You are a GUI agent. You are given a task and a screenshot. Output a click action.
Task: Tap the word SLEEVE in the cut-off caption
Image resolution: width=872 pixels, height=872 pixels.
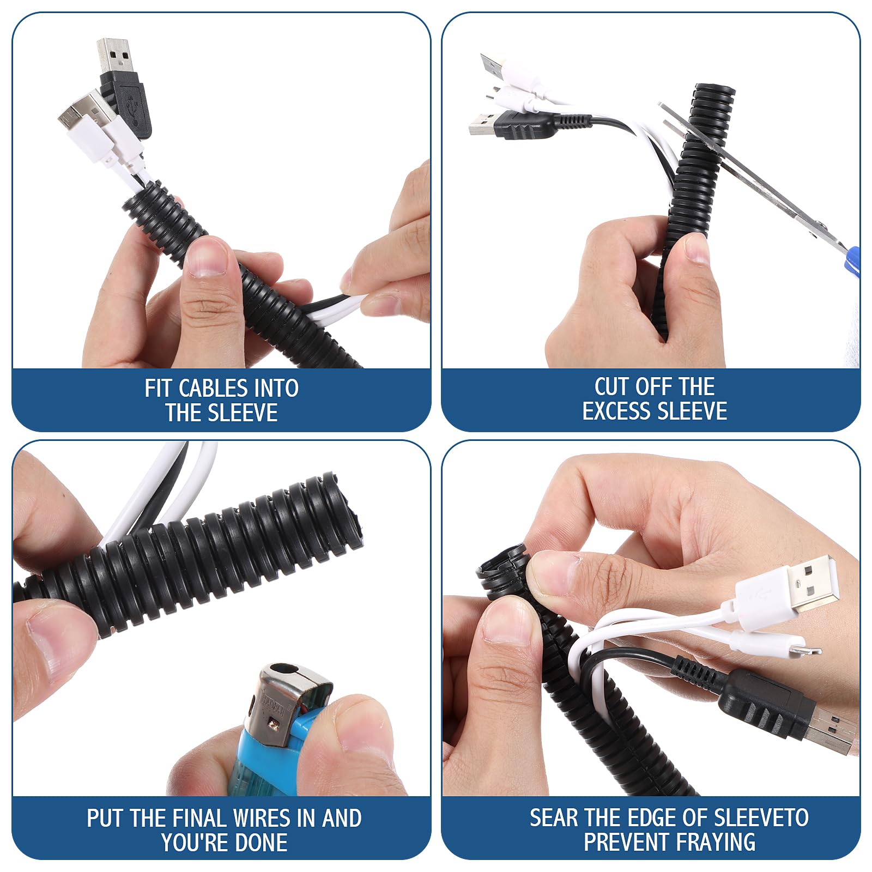pos(697,411)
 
